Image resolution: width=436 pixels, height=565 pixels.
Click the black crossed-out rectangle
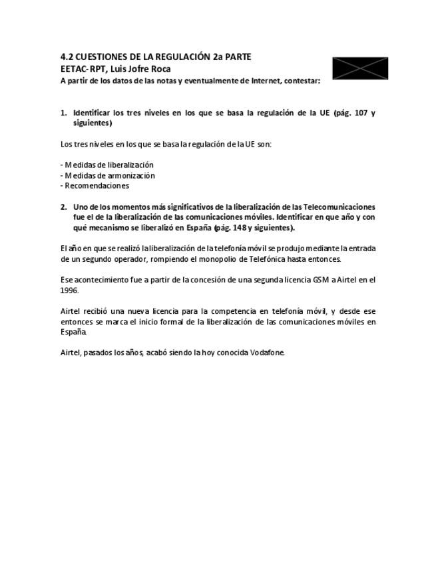pyautogui.click(x=360, y=69)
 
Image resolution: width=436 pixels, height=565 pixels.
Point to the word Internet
pyautogui.click(x=264, y=81)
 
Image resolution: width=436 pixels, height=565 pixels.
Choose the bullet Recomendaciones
pyautogui.click(x=96, y=186)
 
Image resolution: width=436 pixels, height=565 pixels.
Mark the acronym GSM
pyautogui.click(x=322, y=280)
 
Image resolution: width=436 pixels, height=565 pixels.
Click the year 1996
pyautogui.click(x=69, y=290)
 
